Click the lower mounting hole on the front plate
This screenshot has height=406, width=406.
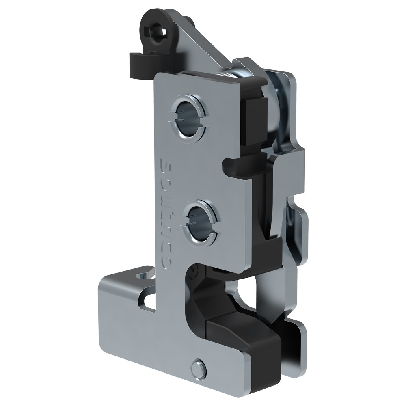201,222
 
